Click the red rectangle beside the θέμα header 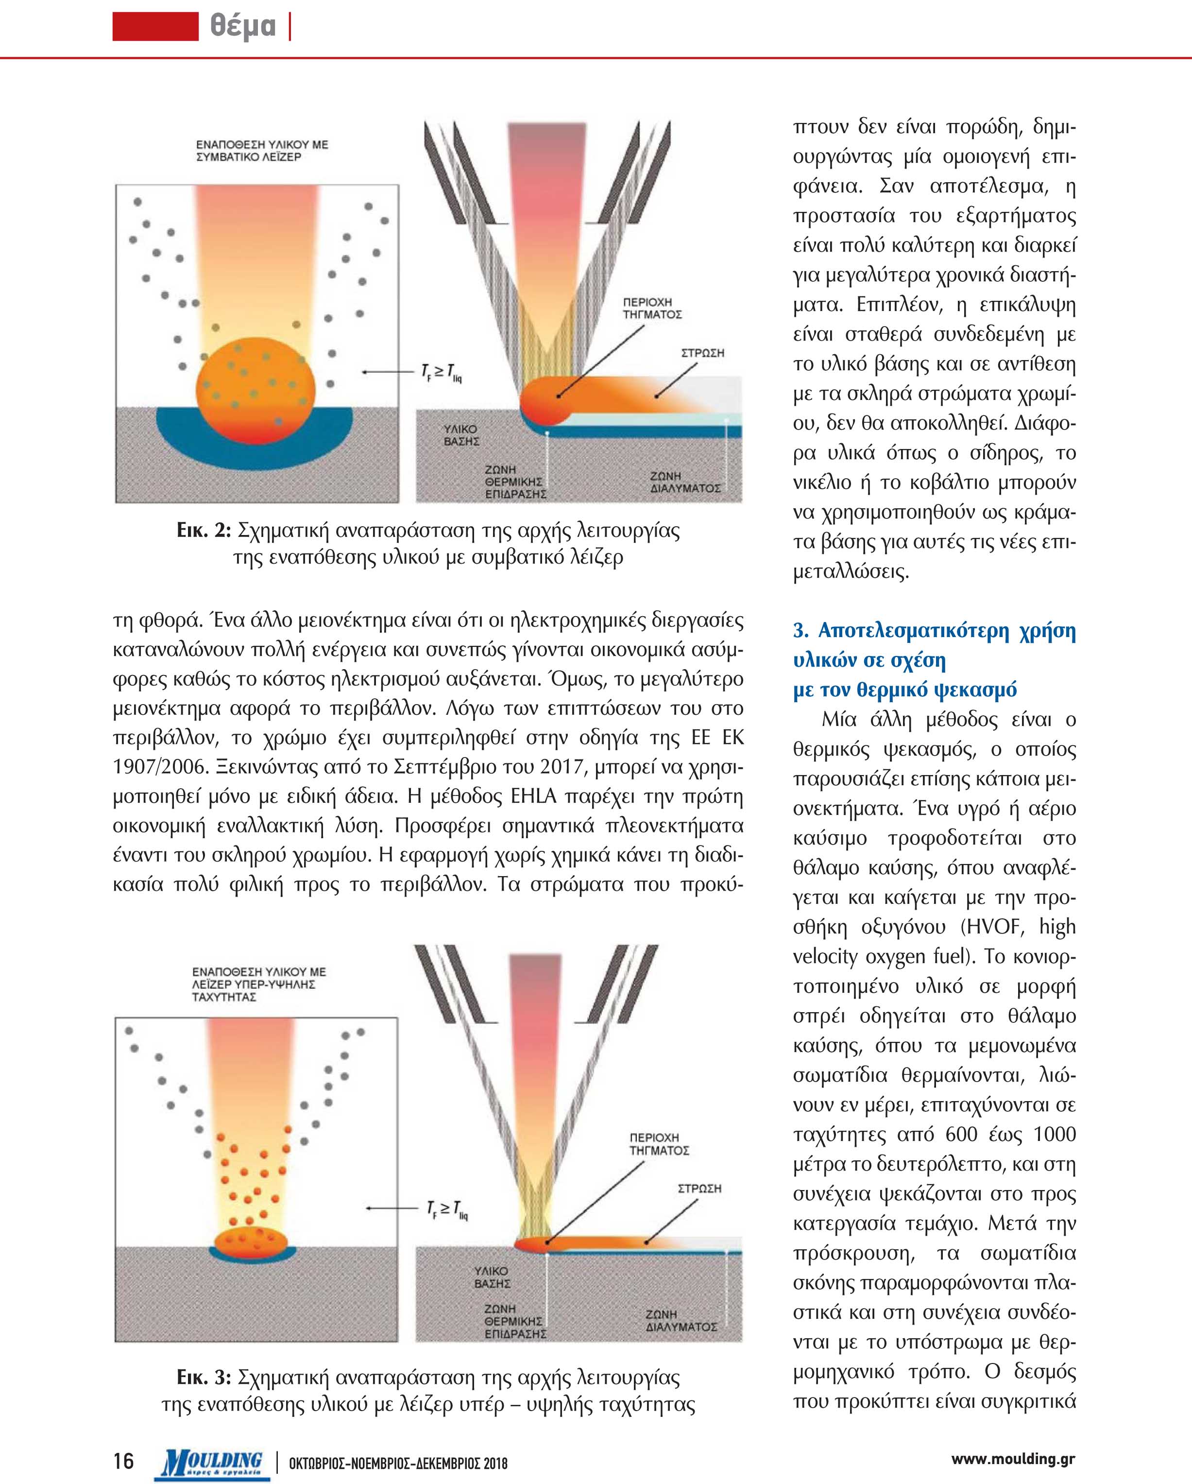pyautogui.click(x=155, y=26)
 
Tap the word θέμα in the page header pyautogui.click(x=242, y=26)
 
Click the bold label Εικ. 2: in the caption pyautogui.click(x=203, y=531)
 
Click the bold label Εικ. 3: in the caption pyautogui.click(x=203, y=1377)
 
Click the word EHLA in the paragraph pyautogui.click(x=533, y=796)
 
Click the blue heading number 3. pyautogui.click(x=800, y=631)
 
